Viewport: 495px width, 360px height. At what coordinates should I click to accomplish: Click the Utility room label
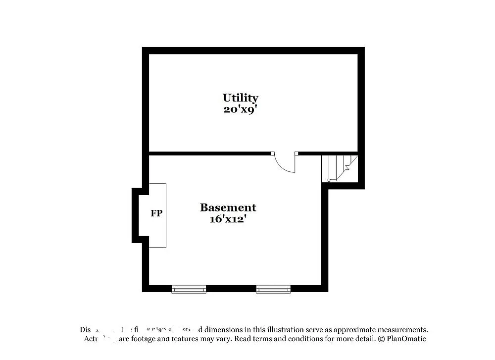coord(240,98)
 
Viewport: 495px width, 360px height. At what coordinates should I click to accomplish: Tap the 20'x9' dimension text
coord(240,109)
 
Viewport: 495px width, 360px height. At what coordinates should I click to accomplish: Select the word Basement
coord(228,207)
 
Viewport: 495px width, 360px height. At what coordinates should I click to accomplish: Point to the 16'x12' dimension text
coord(228,219)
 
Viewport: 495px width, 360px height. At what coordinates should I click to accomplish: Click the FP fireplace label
coord(156,214)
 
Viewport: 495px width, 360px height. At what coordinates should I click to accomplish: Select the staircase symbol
coord(339,168)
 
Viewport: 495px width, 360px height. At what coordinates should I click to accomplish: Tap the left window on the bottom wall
coord(189,289)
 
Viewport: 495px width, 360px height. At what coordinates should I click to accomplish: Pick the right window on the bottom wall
coord(273,289)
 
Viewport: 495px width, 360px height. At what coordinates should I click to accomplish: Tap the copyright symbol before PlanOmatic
coord(381,339)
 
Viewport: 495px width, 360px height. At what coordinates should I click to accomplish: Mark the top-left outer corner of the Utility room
coord(143,48)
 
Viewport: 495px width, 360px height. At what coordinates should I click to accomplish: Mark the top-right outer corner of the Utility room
coord(364,48)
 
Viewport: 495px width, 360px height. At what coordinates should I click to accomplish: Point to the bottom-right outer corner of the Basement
coord(327,291)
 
